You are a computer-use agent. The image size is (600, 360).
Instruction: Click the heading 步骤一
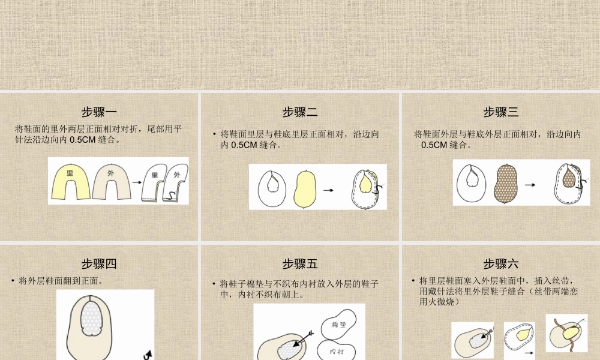[x=99, y=112]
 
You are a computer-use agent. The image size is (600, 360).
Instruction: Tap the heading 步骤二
[x=300, y=112]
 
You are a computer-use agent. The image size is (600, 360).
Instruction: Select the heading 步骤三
[x=501, y=112]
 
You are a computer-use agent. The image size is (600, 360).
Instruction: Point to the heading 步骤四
[x=99, y=264]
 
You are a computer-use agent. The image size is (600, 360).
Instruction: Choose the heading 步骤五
[x=300, y=264]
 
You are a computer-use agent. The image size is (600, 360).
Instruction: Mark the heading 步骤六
[x=501, y=264]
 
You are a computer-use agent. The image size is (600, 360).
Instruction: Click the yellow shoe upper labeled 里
[x=71, y=180]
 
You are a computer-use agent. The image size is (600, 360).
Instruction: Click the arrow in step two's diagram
[x=328, y=190]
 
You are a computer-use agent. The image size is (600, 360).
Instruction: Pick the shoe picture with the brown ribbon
[x=566, y=333]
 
